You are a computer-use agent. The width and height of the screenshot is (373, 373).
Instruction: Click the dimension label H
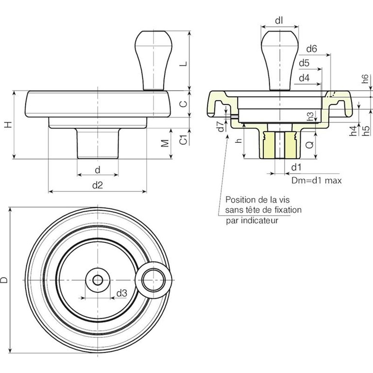[x=8, y=124]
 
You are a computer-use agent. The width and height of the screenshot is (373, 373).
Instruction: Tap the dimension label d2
[x=98, y=185]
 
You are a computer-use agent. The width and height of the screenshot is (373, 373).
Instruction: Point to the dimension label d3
[x=121, y=293]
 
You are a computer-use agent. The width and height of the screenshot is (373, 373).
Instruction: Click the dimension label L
[x=183, y=64]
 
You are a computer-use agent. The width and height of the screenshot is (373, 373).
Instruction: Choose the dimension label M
[x=165, y=143]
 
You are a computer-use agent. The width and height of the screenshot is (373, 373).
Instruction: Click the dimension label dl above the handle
[x=279, y=20]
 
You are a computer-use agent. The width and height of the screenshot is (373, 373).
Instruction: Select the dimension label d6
[x=312, y=49]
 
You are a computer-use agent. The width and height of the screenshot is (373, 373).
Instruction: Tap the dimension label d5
[x=305, y=63]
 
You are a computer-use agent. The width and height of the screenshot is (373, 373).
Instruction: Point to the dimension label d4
[x=304, y=78]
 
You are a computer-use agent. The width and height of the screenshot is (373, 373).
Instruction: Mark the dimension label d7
[x=220, y=127]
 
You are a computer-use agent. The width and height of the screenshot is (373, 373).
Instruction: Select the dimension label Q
[x=309, y=144]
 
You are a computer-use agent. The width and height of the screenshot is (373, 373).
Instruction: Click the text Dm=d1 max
[x=317, y=180]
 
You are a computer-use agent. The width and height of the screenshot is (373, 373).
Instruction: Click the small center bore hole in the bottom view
[x=98, y=280]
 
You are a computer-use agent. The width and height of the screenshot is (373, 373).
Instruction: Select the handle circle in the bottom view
[x=154, y=280]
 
